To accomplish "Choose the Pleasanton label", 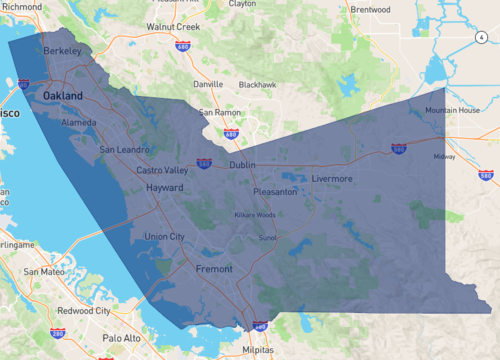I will [x=275, y=191].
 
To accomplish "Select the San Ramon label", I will [x=220, y=113].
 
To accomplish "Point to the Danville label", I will [x=207, y=84].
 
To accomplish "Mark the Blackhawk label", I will [x=257, y=85].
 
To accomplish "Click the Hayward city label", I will [x=165, y=188].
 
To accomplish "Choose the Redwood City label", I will [x=83, y=311].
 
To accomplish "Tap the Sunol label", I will [x=267, y=239].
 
